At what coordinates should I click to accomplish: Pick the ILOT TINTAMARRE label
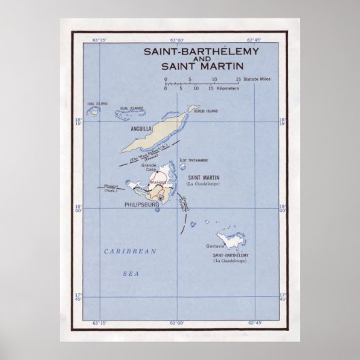[x=192, y=161]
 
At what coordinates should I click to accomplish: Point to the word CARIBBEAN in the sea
[x=130, y=251]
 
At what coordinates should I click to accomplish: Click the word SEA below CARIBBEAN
[x=130, y=268]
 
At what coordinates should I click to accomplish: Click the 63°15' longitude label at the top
[x=99, y=42]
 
